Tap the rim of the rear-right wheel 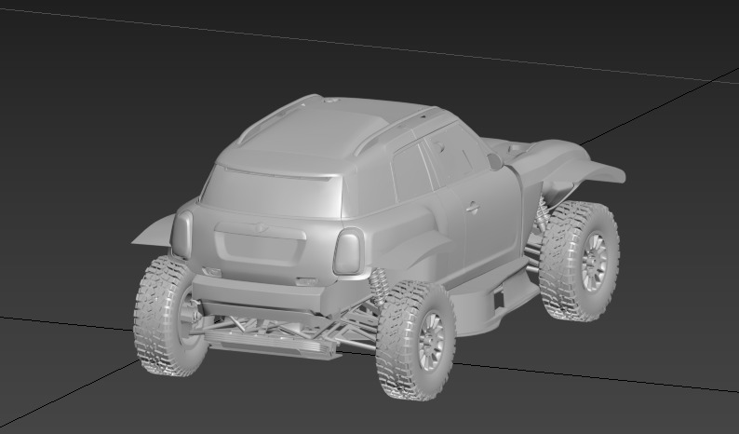430,339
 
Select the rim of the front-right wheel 593,262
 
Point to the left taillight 182,233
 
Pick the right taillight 348,251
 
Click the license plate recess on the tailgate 262,248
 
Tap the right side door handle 473,207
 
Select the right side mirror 494,161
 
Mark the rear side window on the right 410,173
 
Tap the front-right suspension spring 542,215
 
